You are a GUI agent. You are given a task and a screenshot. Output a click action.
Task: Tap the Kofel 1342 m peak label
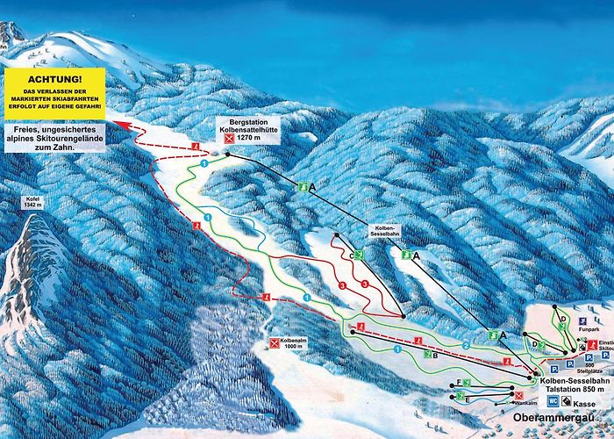pyautogui.click(x=32, y=203)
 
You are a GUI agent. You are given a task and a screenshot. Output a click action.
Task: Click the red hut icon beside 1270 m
pyautogui.click(x=230, y=139)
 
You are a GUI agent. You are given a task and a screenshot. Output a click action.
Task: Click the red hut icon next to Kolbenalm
pyautogui.click(x=275, y=342)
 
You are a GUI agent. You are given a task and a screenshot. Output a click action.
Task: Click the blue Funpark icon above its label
pyautogui.click(x=584, y=321)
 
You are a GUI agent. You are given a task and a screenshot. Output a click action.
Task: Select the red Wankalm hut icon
pyautogui.click(x=519, y=396)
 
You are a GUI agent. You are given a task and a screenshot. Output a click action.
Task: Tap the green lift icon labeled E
pyautogui.click(x=459, y=397)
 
